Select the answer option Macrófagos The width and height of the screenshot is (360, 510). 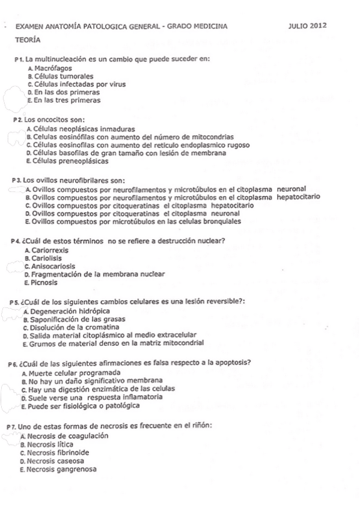pos(52,69)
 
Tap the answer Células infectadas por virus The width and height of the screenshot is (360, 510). pos(79,85)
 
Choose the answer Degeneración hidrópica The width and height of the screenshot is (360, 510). pos(70,312)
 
